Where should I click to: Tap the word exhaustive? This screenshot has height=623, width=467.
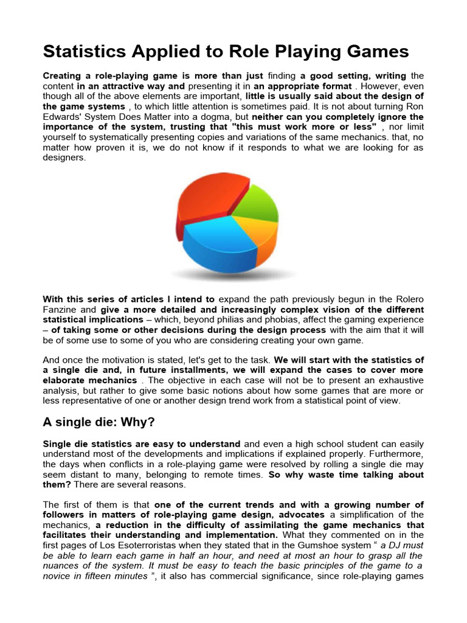tap(398, 380)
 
